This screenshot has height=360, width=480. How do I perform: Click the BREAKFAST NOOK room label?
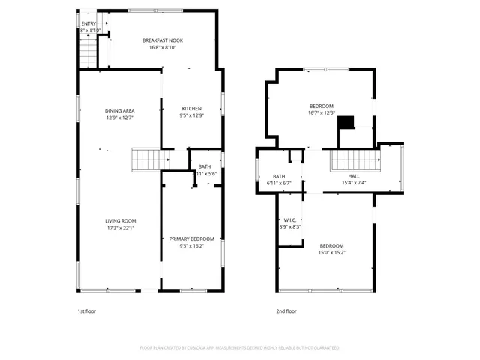[163, 40]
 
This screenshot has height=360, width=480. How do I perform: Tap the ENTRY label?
[88, 24]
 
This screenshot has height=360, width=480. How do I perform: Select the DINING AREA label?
[119, 110]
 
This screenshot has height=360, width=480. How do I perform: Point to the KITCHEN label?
[191, 108]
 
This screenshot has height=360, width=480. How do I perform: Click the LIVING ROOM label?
[120, 220]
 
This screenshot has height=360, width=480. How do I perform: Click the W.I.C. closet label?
[290, 220]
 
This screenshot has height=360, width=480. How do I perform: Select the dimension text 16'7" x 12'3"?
[321, 113]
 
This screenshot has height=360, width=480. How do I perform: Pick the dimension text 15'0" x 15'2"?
[331, 253]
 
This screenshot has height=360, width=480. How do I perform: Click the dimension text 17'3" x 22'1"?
[120, 228]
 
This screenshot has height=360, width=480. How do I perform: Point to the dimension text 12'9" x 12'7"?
[119, 118]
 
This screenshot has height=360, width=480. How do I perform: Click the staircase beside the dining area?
[146, 159]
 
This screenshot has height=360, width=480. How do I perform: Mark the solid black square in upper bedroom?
[346, 122]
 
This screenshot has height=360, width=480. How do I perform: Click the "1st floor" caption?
[87, 310]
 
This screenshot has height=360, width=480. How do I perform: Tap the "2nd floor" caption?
[287, 310]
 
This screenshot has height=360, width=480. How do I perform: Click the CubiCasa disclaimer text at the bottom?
[239, 348]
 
